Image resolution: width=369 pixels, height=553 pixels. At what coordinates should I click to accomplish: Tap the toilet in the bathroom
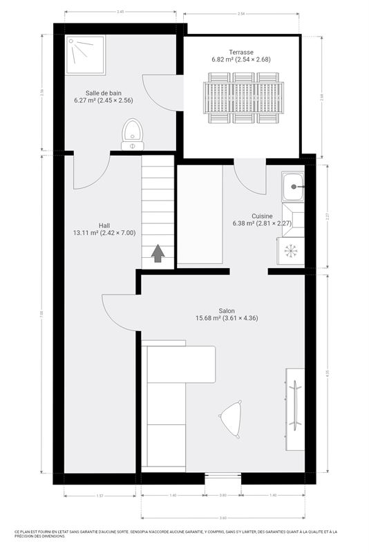click(x=132, y=134)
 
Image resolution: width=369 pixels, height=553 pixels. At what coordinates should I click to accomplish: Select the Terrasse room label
click(x=241, y=52)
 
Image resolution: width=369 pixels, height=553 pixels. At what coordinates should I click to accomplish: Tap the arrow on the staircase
click(x=158, y=254)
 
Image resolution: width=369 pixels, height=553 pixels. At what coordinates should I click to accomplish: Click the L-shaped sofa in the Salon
click(x=173, y=401)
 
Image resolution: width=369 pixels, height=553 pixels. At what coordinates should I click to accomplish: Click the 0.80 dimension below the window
click(x=223, y=495)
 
